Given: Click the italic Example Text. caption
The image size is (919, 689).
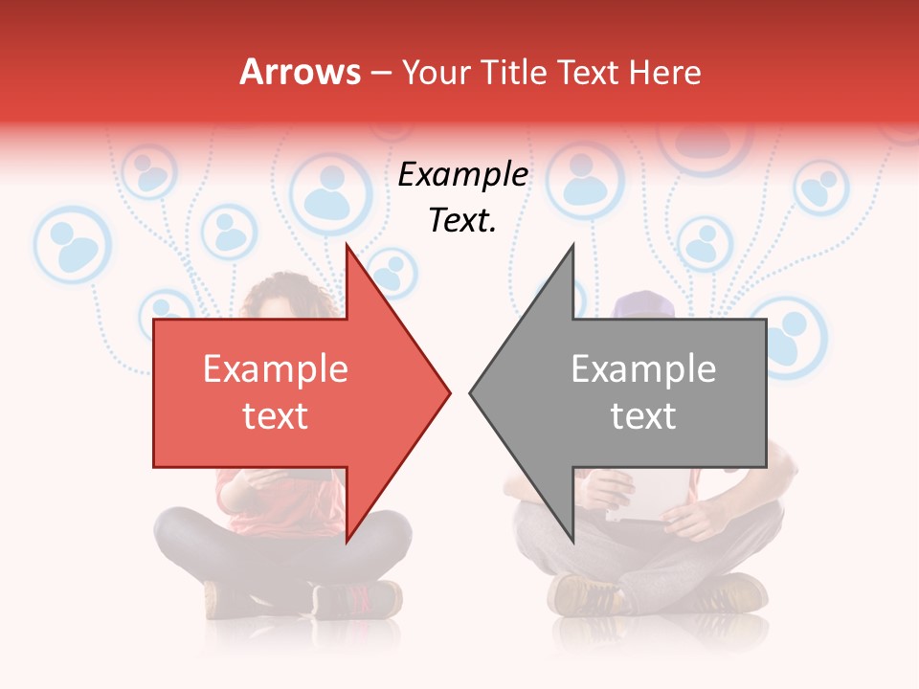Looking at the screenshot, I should click(x=463, y=197).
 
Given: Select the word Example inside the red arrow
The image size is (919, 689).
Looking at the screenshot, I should click(x=276, y=369).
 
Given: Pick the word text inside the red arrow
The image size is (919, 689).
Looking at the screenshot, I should click(x=276, y=416).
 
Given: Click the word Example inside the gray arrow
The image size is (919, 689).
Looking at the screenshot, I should click(x=643, y=369).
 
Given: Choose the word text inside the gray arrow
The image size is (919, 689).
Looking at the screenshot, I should click(x=643, y=416).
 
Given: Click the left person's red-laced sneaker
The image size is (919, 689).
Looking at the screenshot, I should click(x=356, y=599).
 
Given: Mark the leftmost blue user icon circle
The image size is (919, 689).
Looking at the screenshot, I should click(x=73, y=245).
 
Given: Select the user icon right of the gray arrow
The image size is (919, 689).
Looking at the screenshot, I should click(x=789, y=335).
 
